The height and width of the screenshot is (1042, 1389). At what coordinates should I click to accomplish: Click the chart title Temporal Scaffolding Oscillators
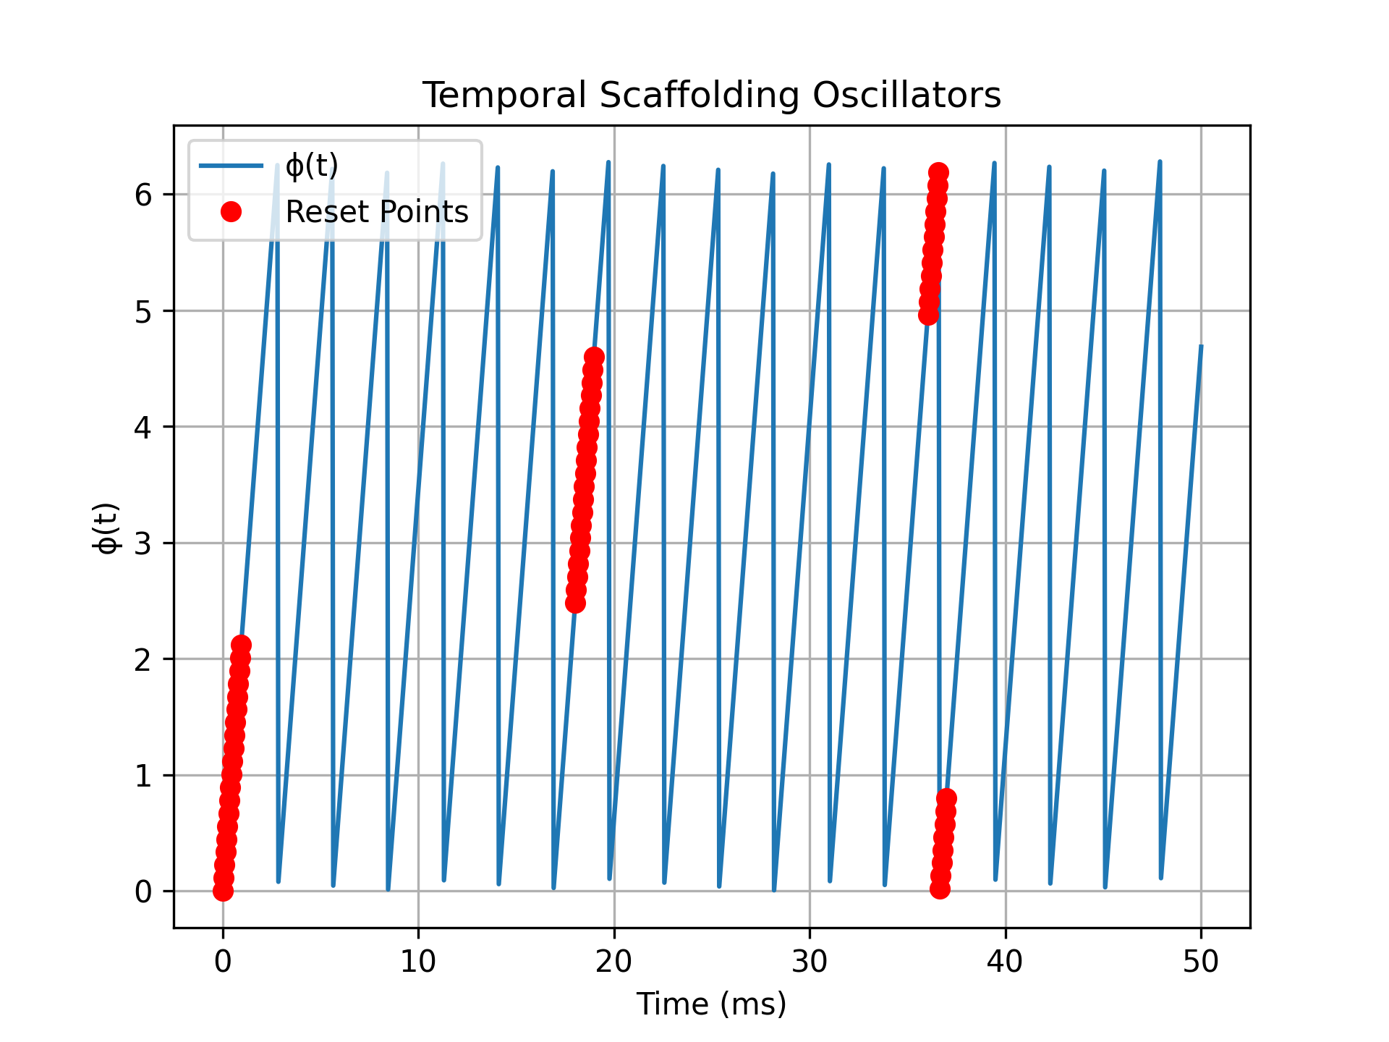711,96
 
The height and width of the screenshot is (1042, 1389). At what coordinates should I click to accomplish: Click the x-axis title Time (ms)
711,1004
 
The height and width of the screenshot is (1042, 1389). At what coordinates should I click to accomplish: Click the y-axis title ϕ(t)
107,528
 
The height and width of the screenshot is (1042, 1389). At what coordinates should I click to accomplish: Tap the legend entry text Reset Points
377,212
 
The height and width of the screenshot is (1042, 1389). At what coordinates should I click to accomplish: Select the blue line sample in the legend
231,166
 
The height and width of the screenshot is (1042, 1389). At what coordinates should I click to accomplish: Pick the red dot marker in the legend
231,212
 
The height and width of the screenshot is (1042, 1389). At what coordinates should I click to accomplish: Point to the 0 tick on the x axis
223,962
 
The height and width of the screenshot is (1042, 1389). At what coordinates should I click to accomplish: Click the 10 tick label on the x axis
418,962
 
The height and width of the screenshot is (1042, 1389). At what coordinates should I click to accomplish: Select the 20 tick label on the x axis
614,962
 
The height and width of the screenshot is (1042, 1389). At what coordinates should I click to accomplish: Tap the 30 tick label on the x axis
810,962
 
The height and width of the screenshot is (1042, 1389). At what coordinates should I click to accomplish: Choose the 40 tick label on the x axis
1005,962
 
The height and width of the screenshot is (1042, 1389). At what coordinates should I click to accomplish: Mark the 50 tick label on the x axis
1201,962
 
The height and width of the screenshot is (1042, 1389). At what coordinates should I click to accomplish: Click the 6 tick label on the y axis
143,195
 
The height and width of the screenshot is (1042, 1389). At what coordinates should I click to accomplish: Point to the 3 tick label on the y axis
143,543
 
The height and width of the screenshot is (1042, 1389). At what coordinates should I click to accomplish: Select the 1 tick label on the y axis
143,776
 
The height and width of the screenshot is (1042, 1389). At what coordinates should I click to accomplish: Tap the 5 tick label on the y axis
143,311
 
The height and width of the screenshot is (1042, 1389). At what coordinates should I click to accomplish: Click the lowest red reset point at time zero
223,891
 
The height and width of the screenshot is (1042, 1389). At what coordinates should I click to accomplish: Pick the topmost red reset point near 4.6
594,357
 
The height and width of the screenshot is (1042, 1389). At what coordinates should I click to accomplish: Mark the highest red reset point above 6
938,173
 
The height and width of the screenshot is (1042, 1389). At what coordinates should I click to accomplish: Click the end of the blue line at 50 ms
1201,347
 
